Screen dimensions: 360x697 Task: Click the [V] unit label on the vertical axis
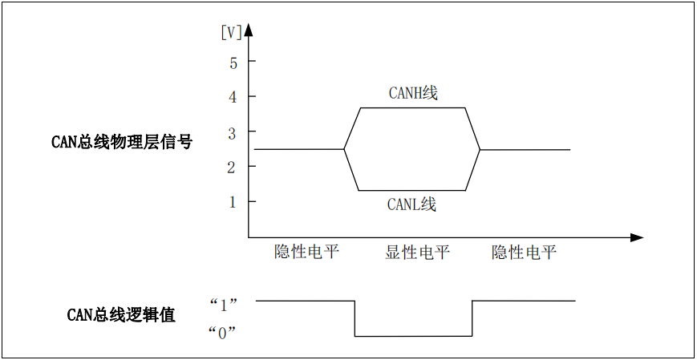[230, 33]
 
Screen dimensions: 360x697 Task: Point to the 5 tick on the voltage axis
[233, 62]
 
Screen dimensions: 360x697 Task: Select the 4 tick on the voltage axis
[233, 97]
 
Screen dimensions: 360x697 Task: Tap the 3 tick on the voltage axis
[233, 131]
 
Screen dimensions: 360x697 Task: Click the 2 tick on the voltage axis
[233, 167]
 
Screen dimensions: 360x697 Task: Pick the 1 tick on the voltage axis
[233, 202]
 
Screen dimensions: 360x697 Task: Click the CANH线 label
[413, 93]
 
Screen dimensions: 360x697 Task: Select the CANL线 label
[411, 204]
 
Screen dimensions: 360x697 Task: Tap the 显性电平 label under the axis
[417, 253]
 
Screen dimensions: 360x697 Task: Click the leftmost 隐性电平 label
[307, 253]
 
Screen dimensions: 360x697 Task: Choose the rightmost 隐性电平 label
[524, 253]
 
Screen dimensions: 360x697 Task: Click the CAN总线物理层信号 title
[122, 143]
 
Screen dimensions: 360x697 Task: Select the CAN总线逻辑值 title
[121, 315]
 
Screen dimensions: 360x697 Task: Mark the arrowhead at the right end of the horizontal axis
[637, 237]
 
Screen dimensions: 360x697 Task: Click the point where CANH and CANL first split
[344, 149]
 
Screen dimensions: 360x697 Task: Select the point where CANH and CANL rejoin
[480, 149]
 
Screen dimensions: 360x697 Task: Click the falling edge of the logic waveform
[355, 318]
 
